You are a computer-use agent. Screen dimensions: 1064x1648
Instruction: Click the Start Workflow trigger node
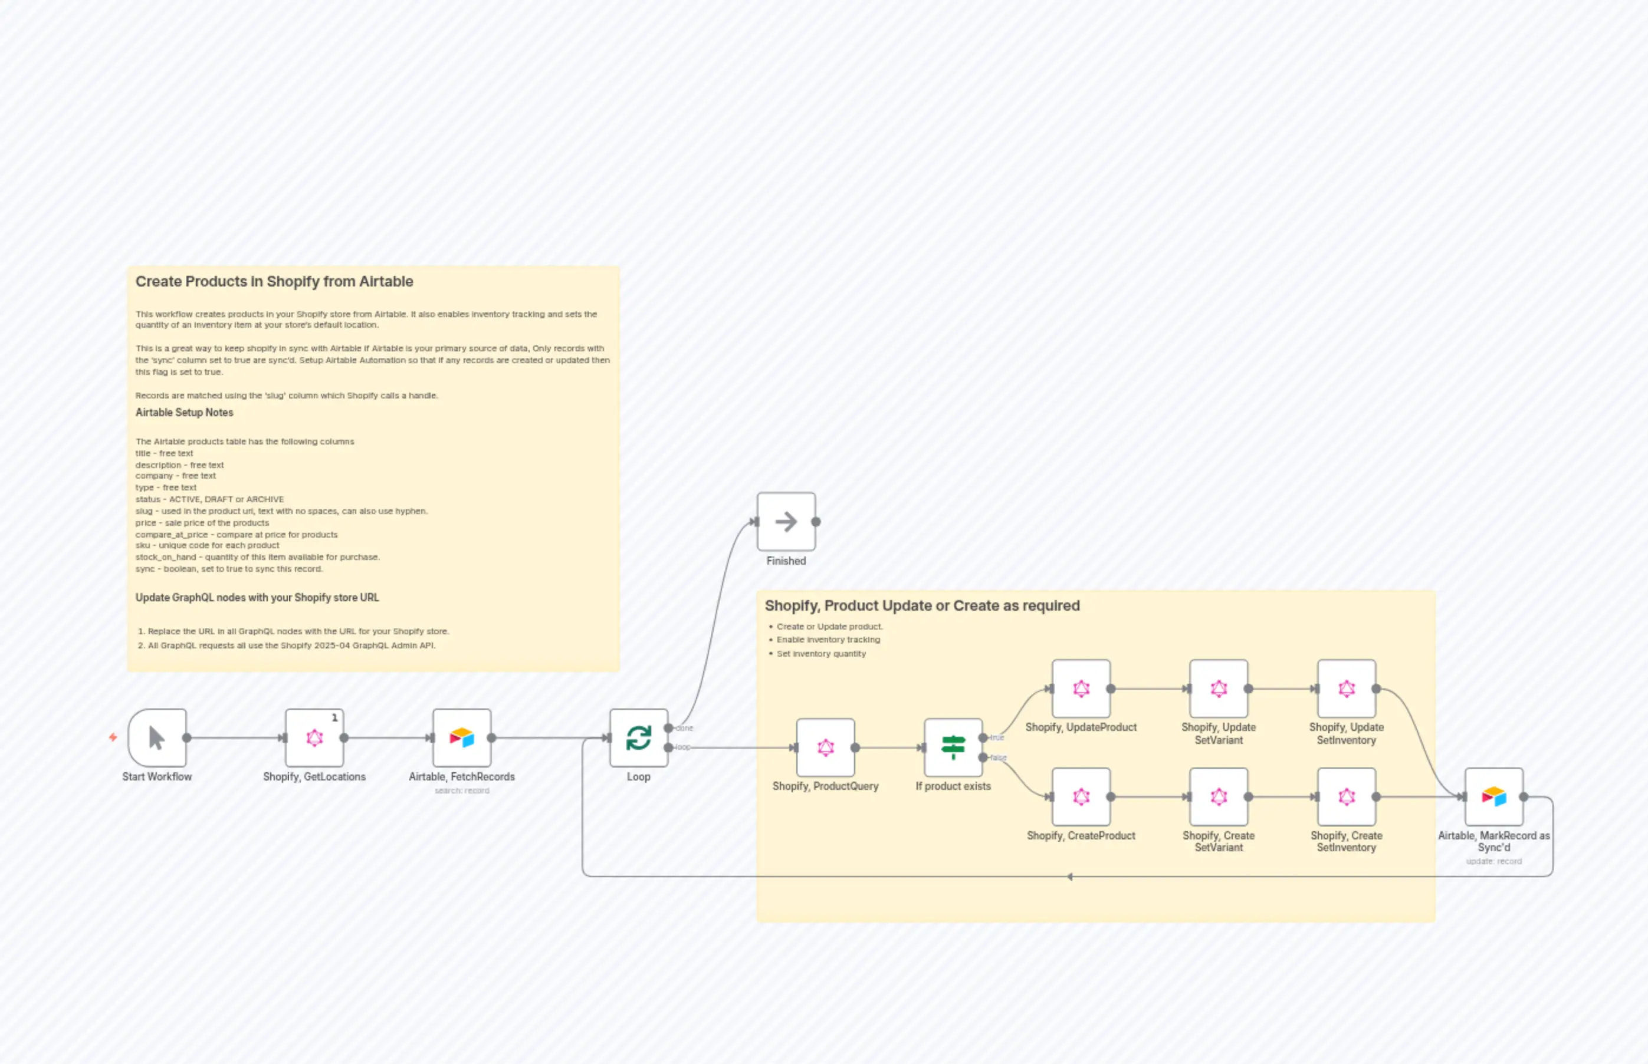coord(157,737)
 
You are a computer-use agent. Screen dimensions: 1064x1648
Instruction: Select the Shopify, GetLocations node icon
coord(314,737)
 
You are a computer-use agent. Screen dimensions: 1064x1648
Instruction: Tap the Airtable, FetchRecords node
coord(462,737)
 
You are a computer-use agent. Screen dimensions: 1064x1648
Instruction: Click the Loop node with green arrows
coord(639,737)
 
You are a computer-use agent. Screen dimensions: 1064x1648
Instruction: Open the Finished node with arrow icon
coord(786,522)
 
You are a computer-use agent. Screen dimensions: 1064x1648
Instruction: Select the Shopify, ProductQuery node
coord(825,747)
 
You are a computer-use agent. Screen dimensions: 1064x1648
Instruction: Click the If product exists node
coord(953,747)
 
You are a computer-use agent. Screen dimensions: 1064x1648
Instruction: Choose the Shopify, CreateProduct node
coord(1081,796)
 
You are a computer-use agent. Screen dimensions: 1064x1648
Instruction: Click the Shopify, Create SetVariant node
coord(1219,796)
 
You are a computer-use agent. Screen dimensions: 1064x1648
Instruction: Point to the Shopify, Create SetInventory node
coord(1347,796)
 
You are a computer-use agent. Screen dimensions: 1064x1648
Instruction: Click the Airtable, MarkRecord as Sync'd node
coord(1494,796)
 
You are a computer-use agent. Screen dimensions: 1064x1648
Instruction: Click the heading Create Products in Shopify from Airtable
coord(274,281)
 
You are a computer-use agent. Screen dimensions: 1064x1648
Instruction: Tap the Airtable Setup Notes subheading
coord(185,413)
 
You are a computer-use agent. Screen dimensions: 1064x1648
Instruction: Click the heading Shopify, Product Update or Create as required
coord(922,605)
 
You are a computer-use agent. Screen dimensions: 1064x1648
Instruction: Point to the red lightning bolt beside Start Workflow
coord(113,737)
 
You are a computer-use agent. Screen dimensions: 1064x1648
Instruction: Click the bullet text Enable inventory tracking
coord(828,640)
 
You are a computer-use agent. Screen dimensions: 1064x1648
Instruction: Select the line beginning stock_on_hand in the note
coord(258,557)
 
